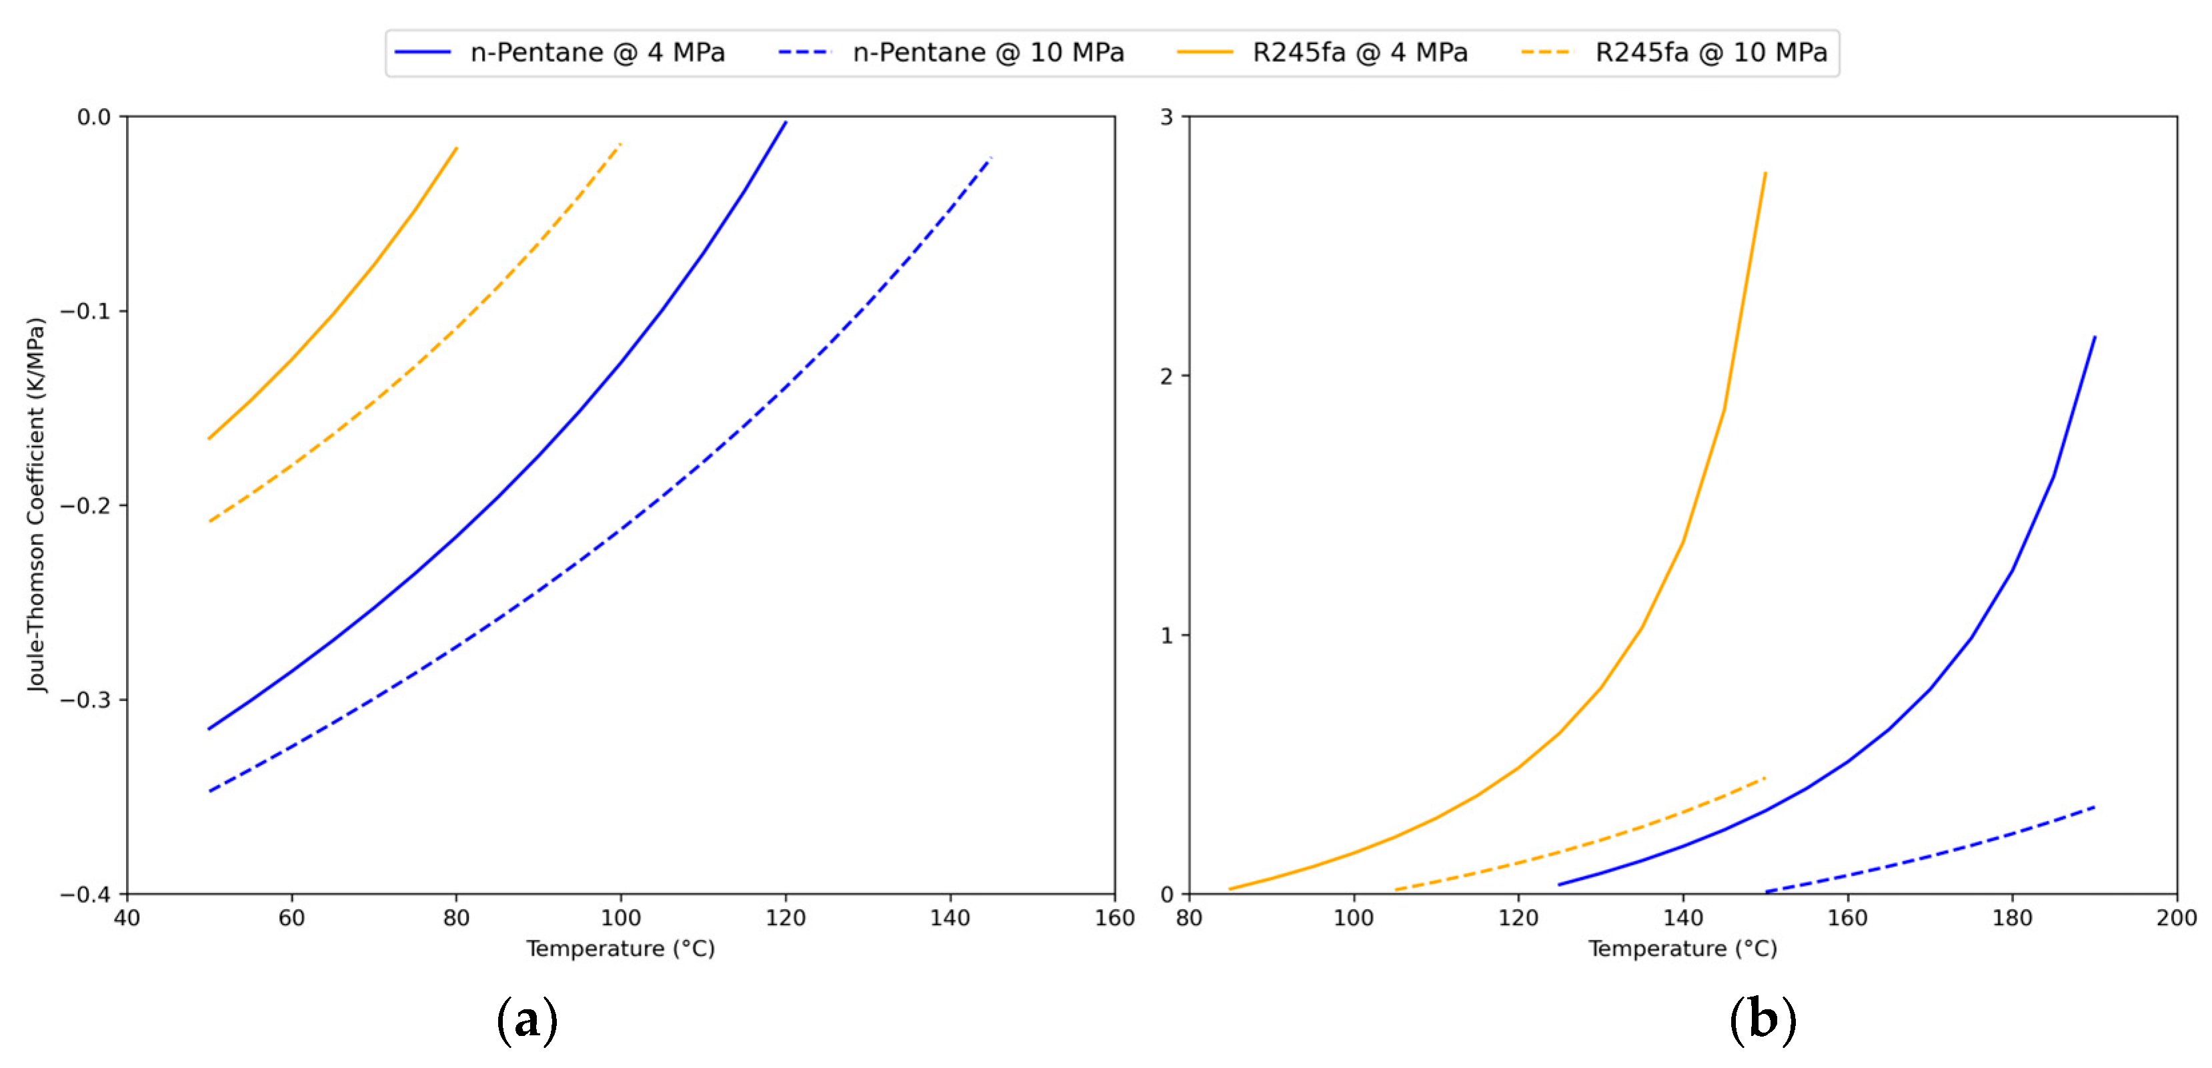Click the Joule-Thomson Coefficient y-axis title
[x=35, y=505]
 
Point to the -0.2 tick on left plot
[x=86, y=505]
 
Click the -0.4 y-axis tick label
[x=86, y=894]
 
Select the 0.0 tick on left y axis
[x=95, y=117]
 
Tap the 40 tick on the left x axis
[x=127, y=918]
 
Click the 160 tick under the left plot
[x=1114, y=918]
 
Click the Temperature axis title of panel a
[x=620, y=949]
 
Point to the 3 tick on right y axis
[x=1166, y=117]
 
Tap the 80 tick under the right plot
[x=1189, y=918]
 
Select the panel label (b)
[x=1762, y=1020]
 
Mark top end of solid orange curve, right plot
[x=1765, y=174]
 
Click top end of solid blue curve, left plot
[x=786, y=122]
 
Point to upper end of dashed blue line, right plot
[x=2095, y=807]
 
